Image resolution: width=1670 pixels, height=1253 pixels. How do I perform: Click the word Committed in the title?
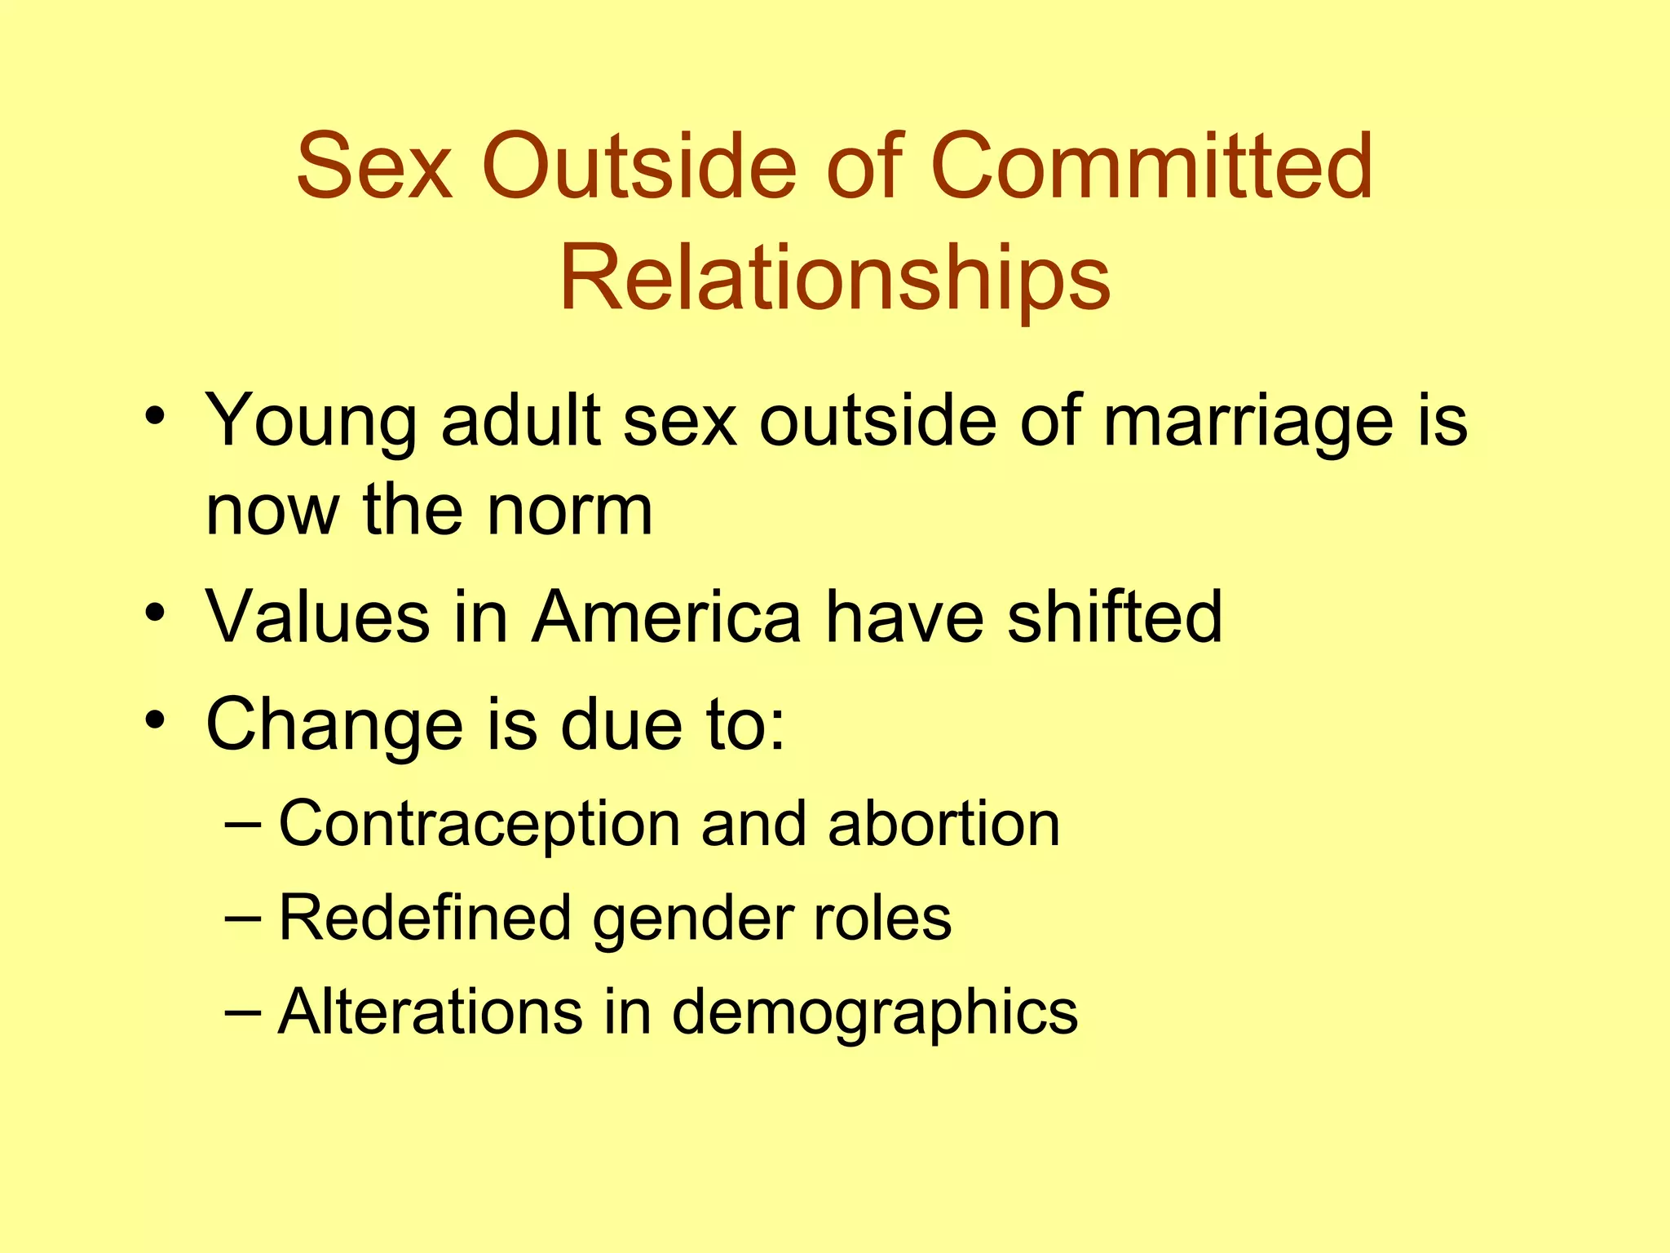[x=1151, y=166]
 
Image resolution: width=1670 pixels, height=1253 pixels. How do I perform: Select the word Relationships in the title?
[x=834, y=279]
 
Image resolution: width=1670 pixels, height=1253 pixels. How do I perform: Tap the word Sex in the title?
[x=374, y=166]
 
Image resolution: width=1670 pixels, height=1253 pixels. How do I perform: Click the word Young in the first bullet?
[x=311, y=423]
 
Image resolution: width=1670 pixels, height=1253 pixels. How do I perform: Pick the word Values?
[x=317, y=617]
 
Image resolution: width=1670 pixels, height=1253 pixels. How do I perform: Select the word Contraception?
[x=479, y=824]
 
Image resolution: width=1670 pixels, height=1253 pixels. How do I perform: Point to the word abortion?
[x=943, y=824]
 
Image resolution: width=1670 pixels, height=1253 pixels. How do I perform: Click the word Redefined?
[x=425, y=919]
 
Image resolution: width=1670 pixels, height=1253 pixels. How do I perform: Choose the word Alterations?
[x=430, y=1012]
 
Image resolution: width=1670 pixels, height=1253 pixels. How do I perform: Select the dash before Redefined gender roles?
[x=242, y=919]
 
